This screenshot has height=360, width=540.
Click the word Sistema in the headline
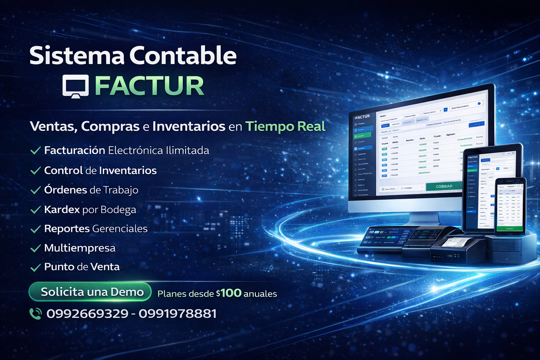[x=77, y=56]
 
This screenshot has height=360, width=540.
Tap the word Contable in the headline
[x=183, y=56]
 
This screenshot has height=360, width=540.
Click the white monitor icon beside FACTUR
[x=75, y=86]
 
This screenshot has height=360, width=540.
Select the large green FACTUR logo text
[x=149, y=86]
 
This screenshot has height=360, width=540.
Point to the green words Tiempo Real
[x=285, y=126]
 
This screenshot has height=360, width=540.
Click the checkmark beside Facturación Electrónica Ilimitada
[x=36, y=151]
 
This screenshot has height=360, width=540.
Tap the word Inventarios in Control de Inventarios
[x=128, y=171]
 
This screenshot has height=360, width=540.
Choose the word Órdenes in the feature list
[x=65, y=190]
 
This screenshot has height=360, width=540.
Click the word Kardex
[x=62, y=210]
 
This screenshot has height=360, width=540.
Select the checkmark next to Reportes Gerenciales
[x=36, y=229]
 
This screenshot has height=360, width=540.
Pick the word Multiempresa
[x=80, y=248]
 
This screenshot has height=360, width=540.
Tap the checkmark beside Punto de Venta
[x=36, y=268]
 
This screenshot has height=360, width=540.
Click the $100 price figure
[x=229, y=293]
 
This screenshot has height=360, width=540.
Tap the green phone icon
[x=36, y=313]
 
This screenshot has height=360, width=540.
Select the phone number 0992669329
[x=87, y=314]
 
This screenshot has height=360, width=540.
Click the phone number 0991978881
[x=178, y=314]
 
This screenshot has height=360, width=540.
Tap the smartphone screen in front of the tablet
[x=510, y=206]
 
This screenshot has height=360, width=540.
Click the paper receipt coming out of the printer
[x=456, y=242]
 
